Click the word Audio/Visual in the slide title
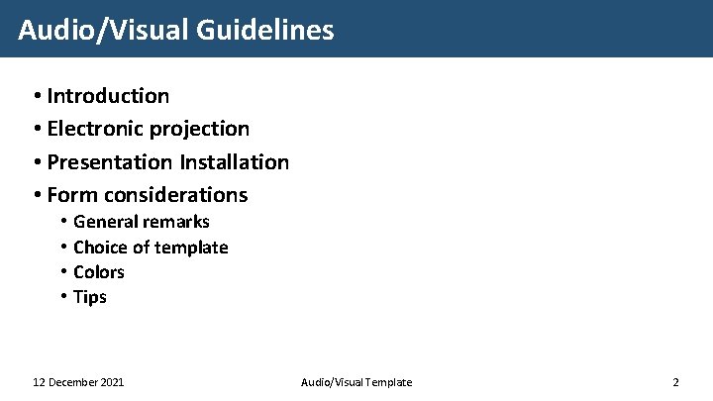104,30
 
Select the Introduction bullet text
108,96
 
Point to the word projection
201,129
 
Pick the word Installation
235,161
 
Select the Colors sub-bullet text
99,272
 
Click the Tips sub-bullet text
90,297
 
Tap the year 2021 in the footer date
111,382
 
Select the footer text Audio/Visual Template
356,382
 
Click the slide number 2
675,382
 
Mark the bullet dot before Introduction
36,96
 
